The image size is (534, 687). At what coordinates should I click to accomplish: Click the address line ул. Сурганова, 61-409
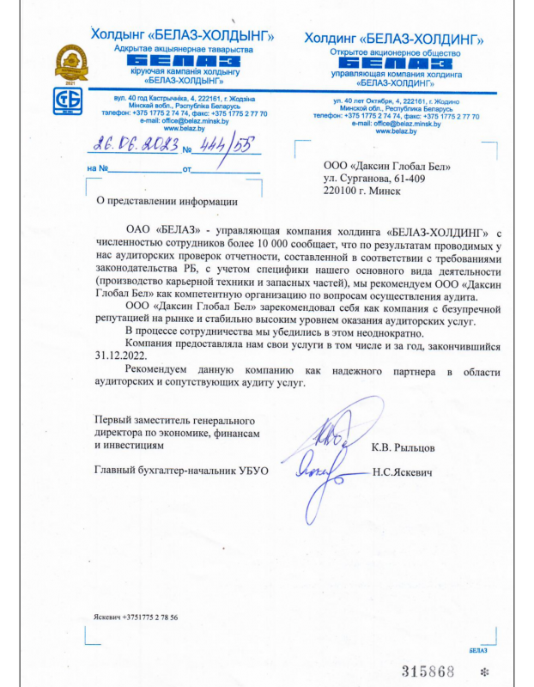pyautogui.click(x=374, y=178)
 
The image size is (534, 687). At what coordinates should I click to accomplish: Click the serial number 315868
pyautogui.click(x=428, y=669)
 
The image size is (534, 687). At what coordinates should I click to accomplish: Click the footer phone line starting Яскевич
pyautogui.click(x=137, y=617)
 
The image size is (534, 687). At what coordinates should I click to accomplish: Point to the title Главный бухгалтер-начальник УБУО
pyautogui.click(x=181, y=471)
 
